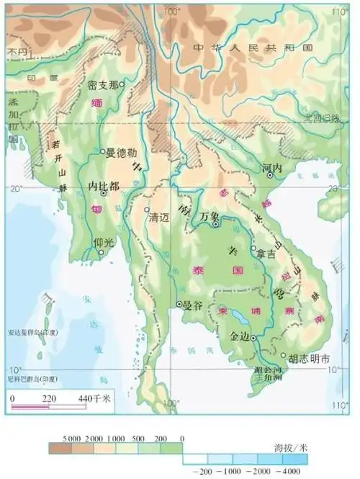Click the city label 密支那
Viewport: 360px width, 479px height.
tap(102, 85)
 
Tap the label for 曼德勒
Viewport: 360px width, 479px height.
tap(120, 153)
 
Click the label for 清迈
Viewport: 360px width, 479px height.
tap(158, 217)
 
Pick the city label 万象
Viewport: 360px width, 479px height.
tap(209, 215)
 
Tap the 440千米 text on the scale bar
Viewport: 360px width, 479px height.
tap(93, 398)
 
